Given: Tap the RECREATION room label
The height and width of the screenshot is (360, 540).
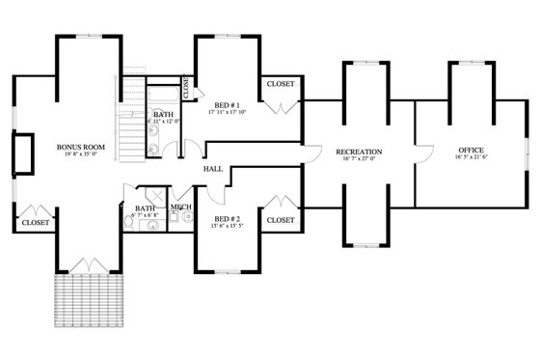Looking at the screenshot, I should tap(359, 152).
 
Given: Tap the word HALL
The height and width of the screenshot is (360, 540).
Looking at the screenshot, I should tap(213, 170).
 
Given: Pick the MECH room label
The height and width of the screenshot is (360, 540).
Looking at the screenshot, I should tap(180, 207).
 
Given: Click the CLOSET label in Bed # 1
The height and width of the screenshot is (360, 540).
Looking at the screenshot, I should tap(281, 83).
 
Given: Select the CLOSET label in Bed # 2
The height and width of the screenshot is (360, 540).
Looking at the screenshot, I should tap(281, 220).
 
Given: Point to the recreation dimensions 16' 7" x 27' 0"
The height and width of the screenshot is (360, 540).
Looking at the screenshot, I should tap(359, 160).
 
